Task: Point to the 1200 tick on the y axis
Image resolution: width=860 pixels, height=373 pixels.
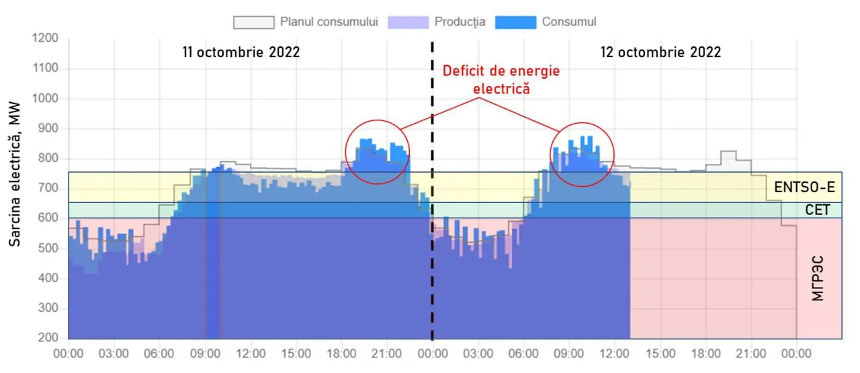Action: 45,38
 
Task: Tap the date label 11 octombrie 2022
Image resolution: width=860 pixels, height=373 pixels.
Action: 241,52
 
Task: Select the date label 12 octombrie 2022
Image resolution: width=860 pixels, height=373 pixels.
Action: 661,52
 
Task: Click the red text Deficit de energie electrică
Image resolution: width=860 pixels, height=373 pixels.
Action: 500,79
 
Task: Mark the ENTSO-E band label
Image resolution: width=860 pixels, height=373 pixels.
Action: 803,188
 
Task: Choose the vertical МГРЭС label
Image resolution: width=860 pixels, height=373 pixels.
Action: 817,277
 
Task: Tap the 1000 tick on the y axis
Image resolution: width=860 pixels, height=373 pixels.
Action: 45,99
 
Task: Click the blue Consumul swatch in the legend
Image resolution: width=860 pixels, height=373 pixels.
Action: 515,22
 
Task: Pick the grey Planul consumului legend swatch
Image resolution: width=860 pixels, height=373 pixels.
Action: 253,22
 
